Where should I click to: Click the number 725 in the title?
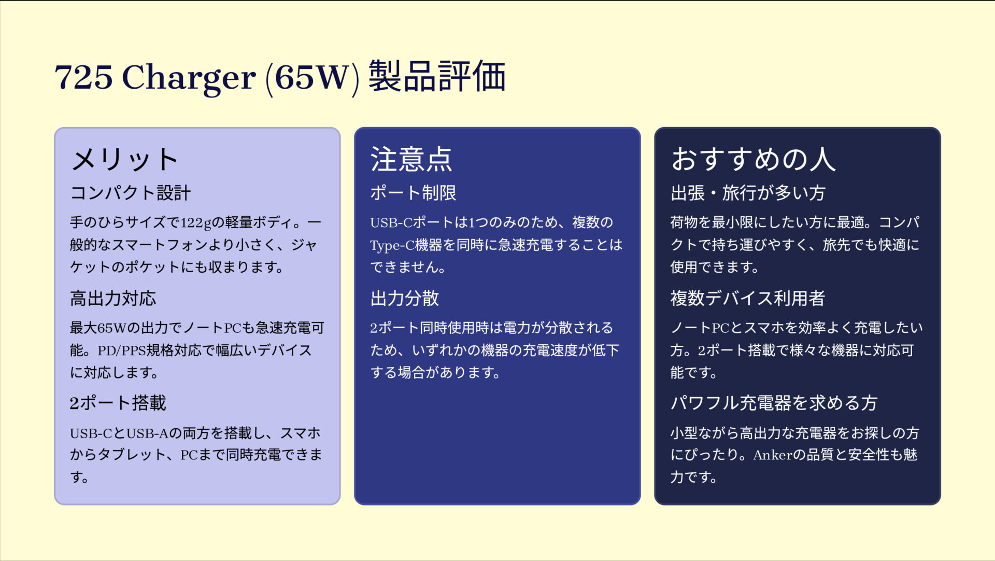click(x=83, y=78)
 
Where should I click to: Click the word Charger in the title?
click(x=189, y=78)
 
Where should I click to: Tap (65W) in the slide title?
click(x=312, y=78)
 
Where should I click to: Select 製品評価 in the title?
click(x=437, y=77)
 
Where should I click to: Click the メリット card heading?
click(x=125, y=159)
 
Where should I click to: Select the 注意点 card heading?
click(x=411, y=159)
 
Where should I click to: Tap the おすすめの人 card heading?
click(x=754, y=159)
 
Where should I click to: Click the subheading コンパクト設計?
click(x=131, y=193)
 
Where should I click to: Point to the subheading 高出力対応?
click(x=113, y=299)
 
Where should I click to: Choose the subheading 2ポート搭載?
click(x=118, y=403)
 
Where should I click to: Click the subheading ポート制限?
click(x=413, y=193)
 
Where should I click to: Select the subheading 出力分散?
click(x=405, y=299)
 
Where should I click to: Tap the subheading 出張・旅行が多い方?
click(x=748, y=193)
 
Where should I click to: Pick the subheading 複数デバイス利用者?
click(x=747, y=299)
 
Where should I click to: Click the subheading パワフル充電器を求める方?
click(x=774, y=403)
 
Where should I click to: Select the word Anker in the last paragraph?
click(x=773, y=455)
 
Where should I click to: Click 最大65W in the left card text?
click(x=98, y=328)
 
